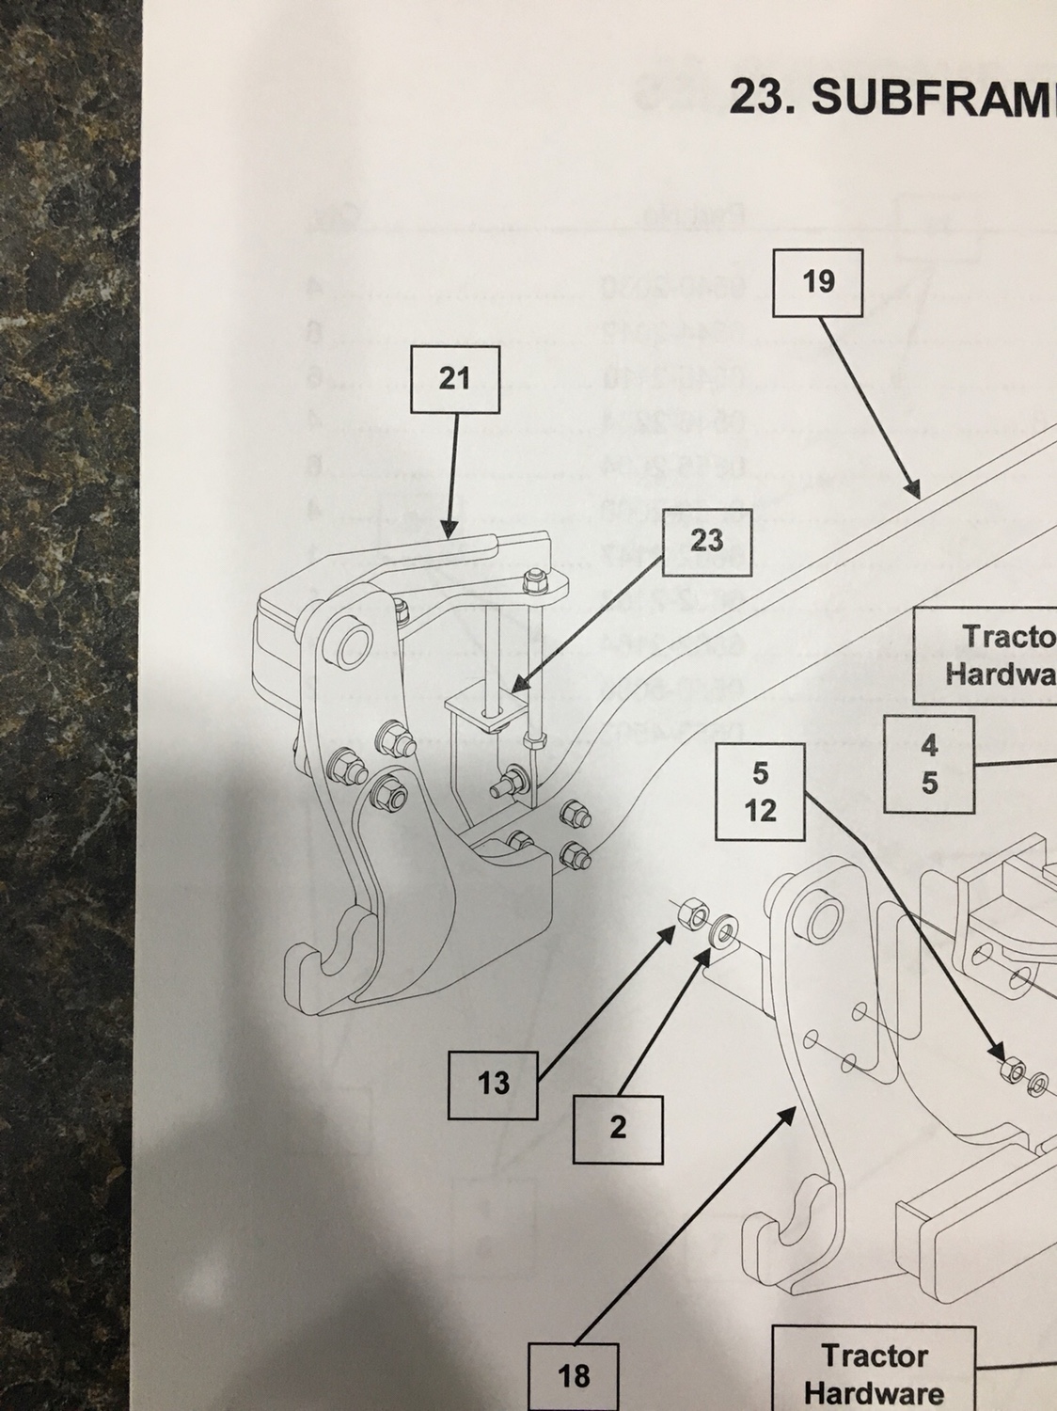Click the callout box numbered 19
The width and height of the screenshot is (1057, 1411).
pyautogui.click(x=818, y=281)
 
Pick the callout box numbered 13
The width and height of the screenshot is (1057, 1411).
pyautogui.click(x=493, y=1084)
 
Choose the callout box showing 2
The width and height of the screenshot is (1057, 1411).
pyautogui.click(x=618, y=1127)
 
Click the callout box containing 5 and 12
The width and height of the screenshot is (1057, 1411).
pyautogui.click(x=760, y=791)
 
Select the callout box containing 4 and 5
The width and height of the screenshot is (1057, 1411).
pyautogui.click(x=929, y=764)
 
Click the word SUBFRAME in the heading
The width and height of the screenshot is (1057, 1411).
pyautogui.click(x=931, y=97)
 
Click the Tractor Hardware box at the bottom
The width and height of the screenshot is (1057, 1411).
pyautogui.click(x=874, y=1371)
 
